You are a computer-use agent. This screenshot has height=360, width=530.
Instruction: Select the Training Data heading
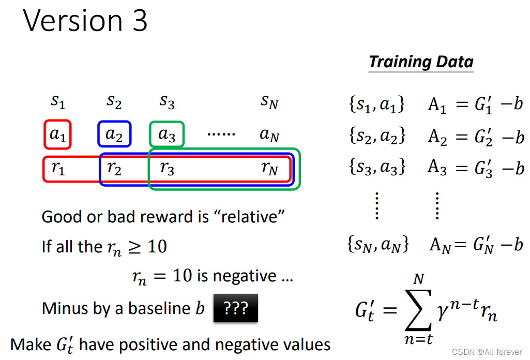pyautogui.click(x=421, y=62)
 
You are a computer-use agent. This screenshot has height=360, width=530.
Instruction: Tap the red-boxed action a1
pyautogui.click(x=57, y=134)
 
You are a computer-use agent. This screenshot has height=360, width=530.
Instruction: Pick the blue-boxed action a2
pyautogui.click(x=114, y=134)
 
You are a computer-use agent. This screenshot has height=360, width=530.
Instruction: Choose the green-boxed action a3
pyautogui.click(x=166, y=134)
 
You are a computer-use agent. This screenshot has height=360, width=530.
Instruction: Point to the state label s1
pyautogui.click(x=58, y=102)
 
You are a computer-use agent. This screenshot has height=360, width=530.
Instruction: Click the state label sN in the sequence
pyautogui.click(x=269, y=102)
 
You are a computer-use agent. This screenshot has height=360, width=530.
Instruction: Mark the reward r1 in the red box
pyautogui.click(x=58, y=169)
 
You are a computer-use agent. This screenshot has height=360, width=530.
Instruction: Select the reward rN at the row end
pyautogui.click(x=269, y=169)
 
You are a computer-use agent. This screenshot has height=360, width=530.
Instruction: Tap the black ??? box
pyautogui.click(x=235, y=309)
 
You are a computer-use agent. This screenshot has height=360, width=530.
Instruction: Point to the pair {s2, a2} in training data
pyautogui.click(x=377, y=136)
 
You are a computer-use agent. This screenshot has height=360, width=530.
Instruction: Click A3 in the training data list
pyautogui.click(x=438, y=168)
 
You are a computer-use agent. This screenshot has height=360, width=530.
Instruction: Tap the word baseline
pyautogui.click(x=158, y=308)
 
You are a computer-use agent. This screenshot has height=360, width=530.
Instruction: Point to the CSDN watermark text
pyautogui.click(x=487, y=352)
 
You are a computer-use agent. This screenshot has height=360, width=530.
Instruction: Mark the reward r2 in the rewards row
pyautogui.click(x=114, y=169)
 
